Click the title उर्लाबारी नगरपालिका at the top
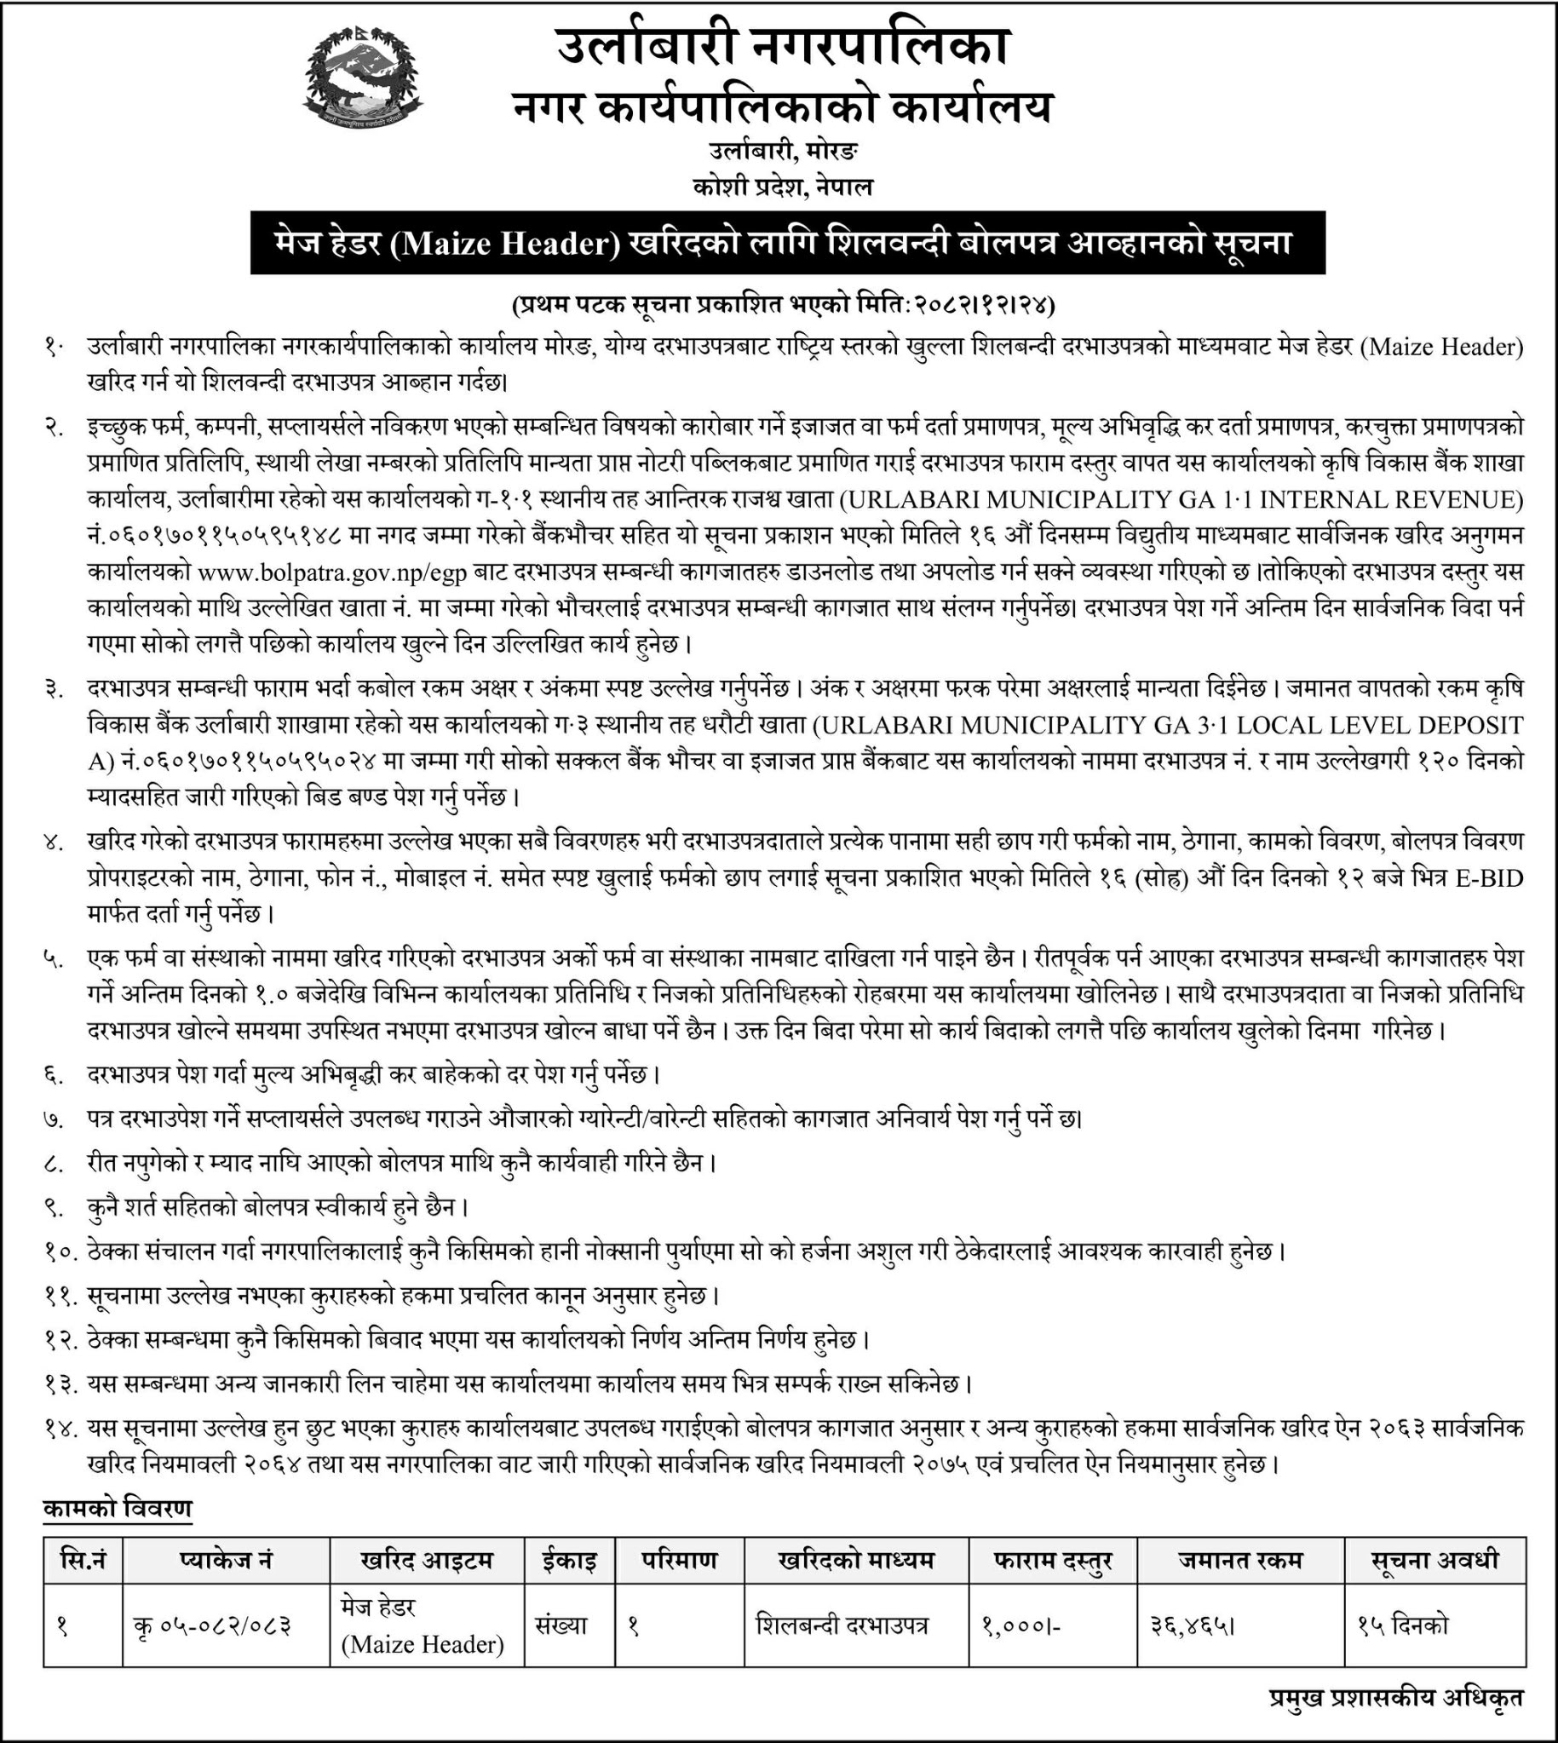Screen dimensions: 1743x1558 [783, 47]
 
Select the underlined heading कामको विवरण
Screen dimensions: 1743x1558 [118, 1508]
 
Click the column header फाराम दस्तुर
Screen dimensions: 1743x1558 [1052, 1560]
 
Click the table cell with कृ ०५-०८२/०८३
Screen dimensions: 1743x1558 [212, 1625]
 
